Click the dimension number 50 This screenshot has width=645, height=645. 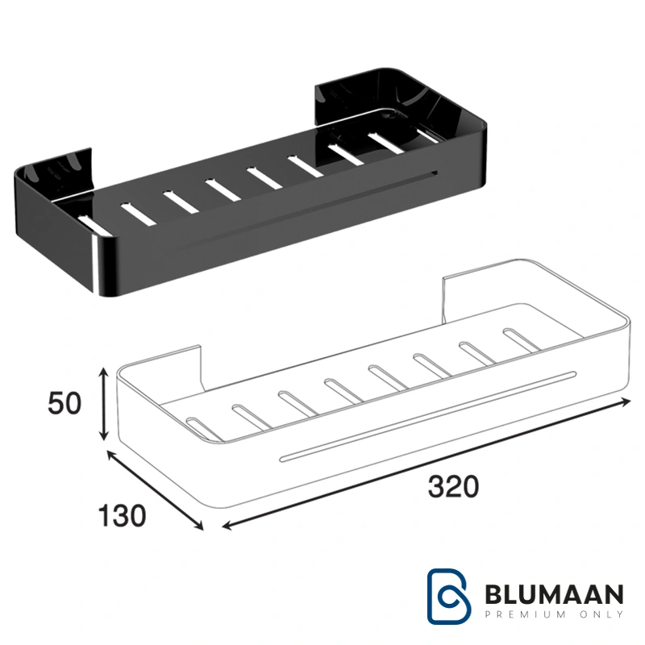click(x=64, y=403)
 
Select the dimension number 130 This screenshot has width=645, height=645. click(x=123, y=516)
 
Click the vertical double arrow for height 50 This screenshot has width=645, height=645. click(x=104, y=404)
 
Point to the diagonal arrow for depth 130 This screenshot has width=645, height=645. click(x=155, y=490)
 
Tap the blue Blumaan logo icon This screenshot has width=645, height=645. click(x=449, y=596)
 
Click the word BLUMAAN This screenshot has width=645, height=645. click(x=554, y=594)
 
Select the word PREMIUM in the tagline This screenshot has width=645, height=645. click(x=526, y=614)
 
